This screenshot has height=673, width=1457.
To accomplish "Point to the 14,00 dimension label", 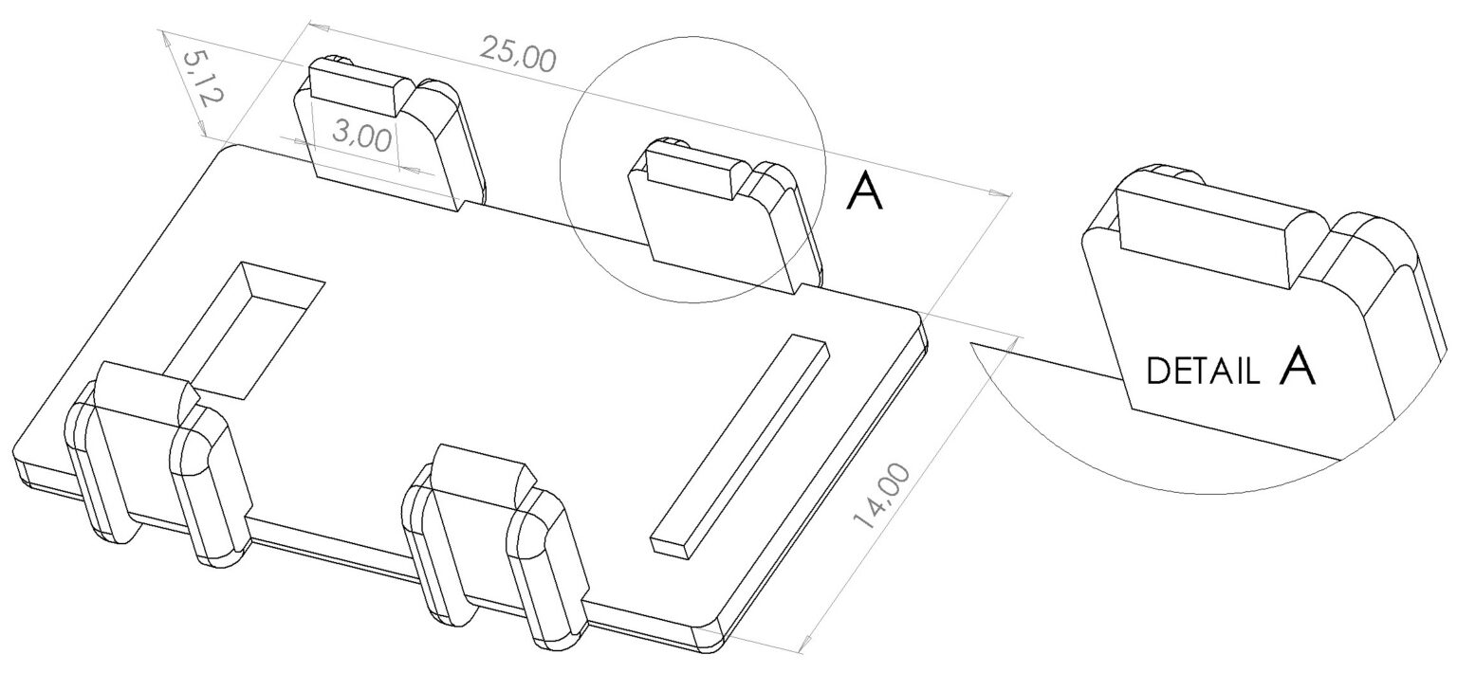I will click(x=880, y=497).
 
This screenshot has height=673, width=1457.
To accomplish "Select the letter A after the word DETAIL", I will click(x=1296, y=367).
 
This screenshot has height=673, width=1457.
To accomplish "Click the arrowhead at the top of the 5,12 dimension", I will click(x=164, y=36).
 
